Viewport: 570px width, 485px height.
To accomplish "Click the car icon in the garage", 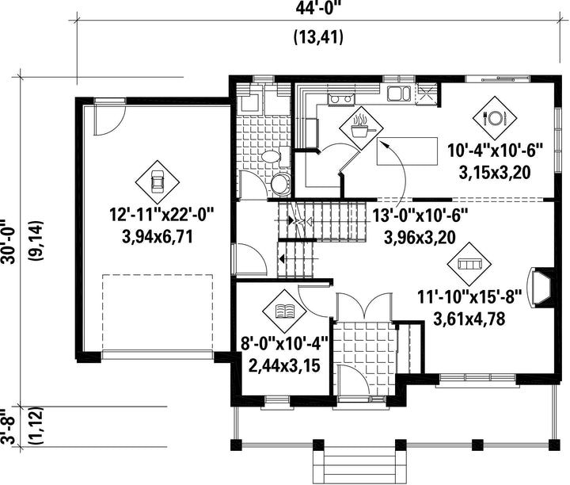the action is [158, 181].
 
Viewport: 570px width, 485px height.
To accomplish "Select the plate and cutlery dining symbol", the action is [494, 117].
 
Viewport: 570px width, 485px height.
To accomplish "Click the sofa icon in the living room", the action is [469, 263].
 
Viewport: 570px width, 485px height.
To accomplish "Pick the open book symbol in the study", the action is [285, 311].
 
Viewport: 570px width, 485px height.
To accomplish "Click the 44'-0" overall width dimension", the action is [319, 8].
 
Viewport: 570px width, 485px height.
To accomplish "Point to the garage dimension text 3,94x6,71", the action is [158, 237].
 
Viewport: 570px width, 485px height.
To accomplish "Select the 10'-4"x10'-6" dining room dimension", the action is [495, 151].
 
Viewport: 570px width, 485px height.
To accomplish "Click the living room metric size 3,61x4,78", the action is [469, 319].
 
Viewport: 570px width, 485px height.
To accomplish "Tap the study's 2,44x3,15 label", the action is [284, 365].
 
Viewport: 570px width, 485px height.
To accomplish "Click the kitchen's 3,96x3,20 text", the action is [420, 237].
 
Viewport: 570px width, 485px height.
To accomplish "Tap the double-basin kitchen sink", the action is [398, 93].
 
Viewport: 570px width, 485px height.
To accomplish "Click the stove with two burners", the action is [341, 99].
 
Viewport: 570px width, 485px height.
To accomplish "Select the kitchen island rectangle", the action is [407, 151].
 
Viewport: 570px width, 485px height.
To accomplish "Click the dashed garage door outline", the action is [158, 312].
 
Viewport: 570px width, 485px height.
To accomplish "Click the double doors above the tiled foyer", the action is [364, 307].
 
